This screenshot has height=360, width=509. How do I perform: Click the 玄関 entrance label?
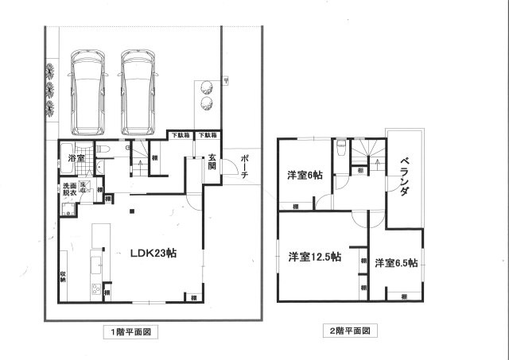click(212, 161)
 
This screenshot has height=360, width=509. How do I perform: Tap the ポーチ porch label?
click(246, 164)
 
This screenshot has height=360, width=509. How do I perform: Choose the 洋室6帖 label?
click(305, 176)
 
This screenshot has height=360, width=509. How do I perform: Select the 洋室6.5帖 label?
click(396, 263)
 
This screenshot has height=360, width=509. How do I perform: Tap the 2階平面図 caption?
click(349, 330)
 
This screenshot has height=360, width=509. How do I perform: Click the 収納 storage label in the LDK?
click(63, 277)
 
